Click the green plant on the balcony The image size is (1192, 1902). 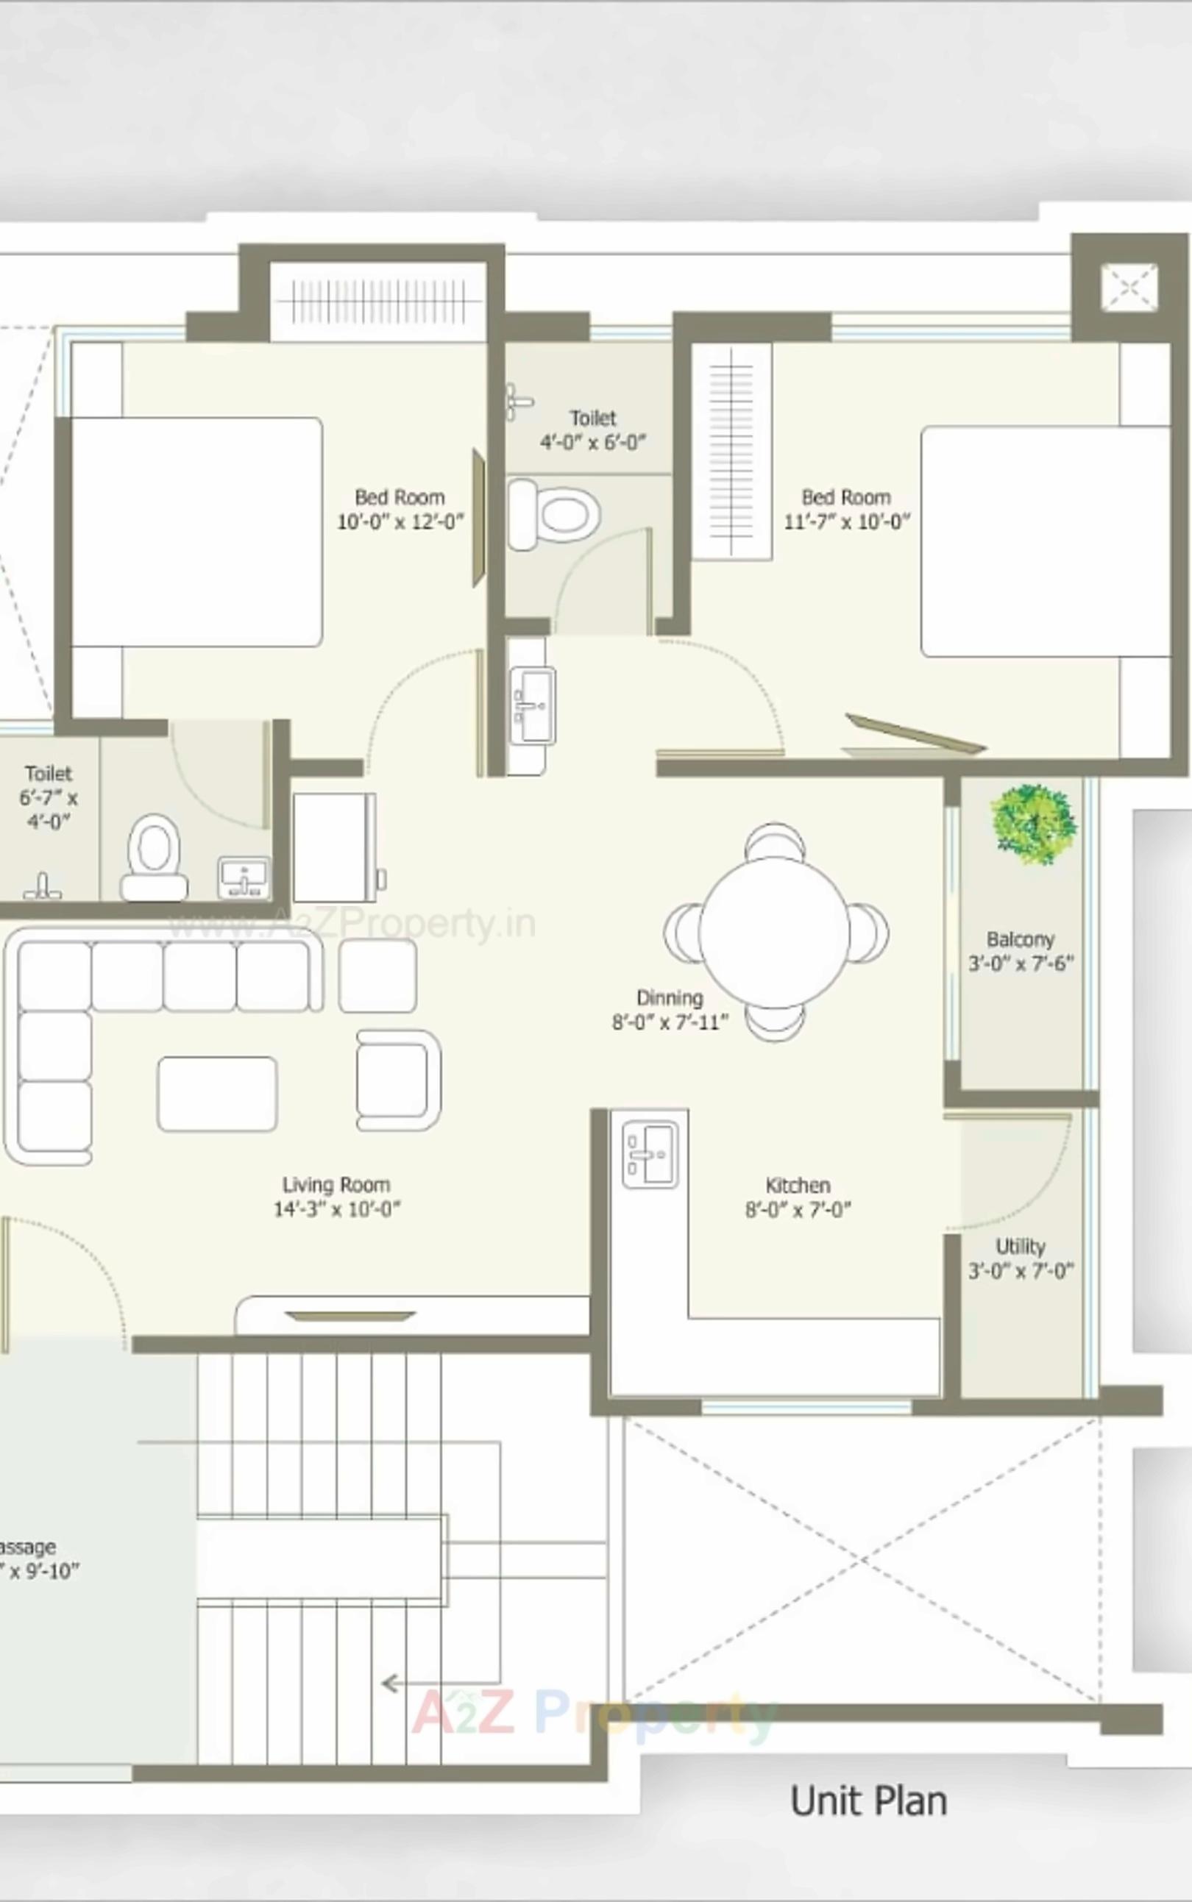(1034, 823)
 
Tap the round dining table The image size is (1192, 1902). (774, 932)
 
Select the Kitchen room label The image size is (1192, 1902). (798, 1185)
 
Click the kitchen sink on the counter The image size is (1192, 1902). (650, 1155)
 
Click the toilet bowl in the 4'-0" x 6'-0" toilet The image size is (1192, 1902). (555, 515)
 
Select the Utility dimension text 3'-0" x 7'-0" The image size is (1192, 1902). (1020, 1271)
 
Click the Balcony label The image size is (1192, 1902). (1020, 939)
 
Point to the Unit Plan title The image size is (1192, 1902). (868, 1801)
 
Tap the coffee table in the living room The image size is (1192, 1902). (217, 1094)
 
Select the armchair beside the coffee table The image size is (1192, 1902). (397, 1080)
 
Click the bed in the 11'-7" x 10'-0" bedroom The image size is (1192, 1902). (1045, 542)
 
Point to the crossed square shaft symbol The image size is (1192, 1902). (1129, 287)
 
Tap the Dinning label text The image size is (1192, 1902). (670, 997)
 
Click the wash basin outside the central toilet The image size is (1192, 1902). (533, 705)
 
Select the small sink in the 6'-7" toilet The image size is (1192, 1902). (244, 877)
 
